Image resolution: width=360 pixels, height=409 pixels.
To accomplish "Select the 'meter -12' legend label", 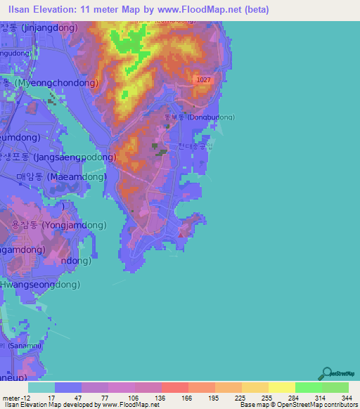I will click(15, 398).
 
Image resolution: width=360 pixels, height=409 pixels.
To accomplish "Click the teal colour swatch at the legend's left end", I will click(41, 387).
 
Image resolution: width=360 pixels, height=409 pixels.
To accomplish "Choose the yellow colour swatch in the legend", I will click(282, 387).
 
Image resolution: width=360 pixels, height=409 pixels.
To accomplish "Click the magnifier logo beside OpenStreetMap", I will click(326, 375).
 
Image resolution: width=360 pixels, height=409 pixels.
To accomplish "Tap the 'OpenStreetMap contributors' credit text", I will click(320, 405).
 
